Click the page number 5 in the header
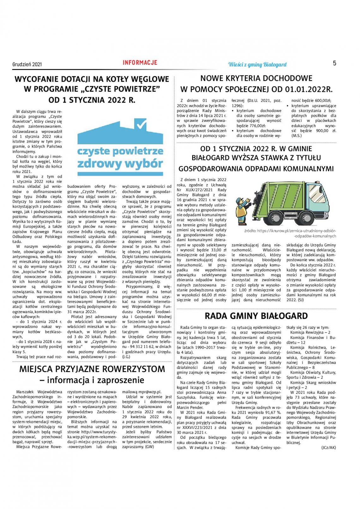coord(334,63)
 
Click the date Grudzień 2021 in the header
coord(27,64)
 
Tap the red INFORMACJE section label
coord(140,62)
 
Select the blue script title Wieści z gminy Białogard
coord(257,65)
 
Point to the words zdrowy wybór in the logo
coord(120,163)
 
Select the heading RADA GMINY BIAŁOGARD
coord(256,316)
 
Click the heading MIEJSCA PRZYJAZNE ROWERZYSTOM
coord(92,369)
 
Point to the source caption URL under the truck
coord(291,233)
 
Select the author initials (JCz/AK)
coord(328,448)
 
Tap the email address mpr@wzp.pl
coord(142,392)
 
